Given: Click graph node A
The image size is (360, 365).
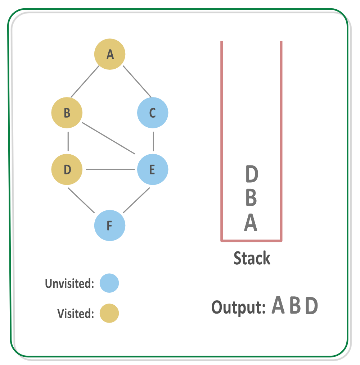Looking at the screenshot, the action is pyautogui.click(x=110, y=54).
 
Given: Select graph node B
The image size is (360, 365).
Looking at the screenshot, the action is pyautogui.click(x=67, y=113).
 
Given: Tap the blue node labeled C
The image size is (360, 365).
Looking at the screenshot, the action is pyautogui.click(x=153, y=113).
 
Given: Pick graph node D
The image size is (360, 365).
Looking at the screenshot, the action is pyautogui.click(x=67, y=169).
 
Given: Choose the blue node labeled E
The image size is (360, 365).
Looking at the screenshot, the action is pyautogui.click(x=153, y=169).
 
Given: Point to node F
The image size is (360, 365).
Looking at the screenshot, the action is pyautogui.click(x=110, y=225).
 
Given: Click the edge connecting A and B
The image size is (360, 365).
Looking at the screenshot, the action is pyautogui.click(x=85, y=82).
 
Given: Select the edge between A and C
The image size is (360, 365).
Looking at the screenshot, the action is pyautogui.click(x=137, y=82).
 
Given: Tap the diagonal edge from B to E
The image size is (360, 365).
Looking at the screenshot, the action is pyautogui.click(x=109, y=138).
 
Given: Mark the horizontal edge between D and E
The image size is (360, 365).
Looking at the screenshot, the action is pyautogui.click(x=110, y=169).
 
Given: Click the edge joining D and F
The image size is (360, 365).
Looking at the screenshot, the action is pyautogui.click(x=81, y=200).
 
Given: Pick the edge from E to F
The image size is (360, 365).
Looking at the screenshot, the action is pyautogui.click(x=136, y=200).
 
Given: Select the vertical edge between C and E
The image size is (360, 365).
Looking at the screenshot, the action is pyautogui.click(x=153, y=141).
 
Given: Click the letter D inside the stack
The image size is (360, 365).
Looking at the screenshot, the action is pyautogui.click(x=252, y=174).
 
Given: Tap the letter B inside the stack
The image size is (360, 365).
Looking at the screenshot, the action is pyautogui.click(x=251, y=197).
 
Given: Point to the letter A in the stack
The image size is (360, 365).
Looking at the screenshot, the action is pyautogui.click(x=251, y=222).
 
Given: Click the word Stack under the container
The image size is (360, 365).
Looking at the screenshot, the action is pyautogui.click(x=252, y=258).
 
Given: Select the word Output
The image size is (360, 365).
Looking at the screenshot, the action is pyautogui.click(x=238, y=307).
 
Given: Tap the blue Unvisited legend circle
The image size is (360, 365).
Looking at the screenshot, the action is pyautogui.click(x=109, y=283).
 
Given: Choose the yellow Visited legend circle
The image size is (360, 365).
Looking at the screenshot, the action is pyautogui.click(x=109, y=313).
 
